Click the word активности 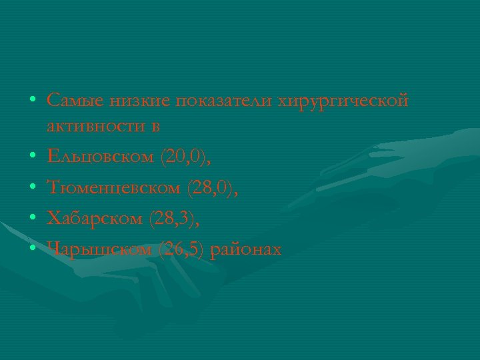point(94,126)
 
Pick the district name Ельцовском point(101,157)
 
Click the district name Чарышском point(100,250)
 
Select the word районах point(246,250)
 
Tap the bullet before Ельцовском point(32,158)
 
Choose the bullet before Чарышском point(32,250)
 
